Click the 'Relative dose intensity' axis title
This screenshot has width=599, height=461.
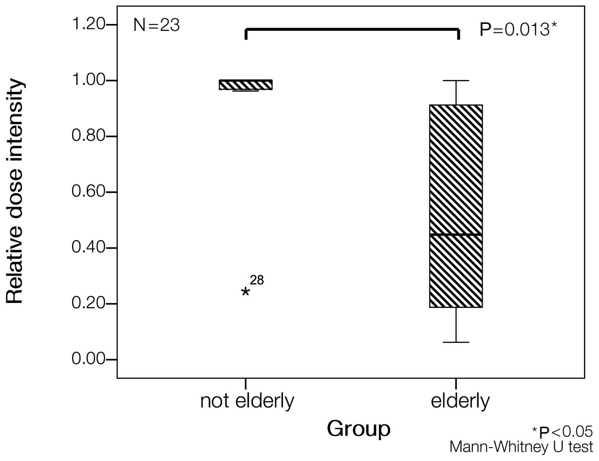click(15, 191)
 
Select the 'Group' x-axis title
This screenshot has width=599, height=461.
click(358, 429)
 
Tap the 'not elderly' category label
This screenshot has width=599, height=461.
click(247, 401)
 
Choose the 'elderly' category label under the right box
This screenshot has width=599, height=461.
click(460, 401)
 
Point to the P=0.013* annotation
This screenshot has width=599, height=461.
click(517, 29)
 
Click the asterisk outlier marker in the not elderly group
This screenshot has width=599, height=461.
click(246, 292)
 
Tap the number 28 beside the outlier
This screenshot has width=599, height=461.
click(257, 280)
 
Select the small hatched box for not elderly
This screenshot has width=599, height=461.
click(246, 85)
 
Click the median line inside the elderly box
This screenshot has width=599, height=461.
click(456, 234)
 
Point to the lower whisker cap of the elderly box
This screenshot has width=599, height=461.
click(456, 342)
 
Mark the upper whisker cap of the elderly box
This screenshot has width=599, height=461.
click(456, 81)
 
